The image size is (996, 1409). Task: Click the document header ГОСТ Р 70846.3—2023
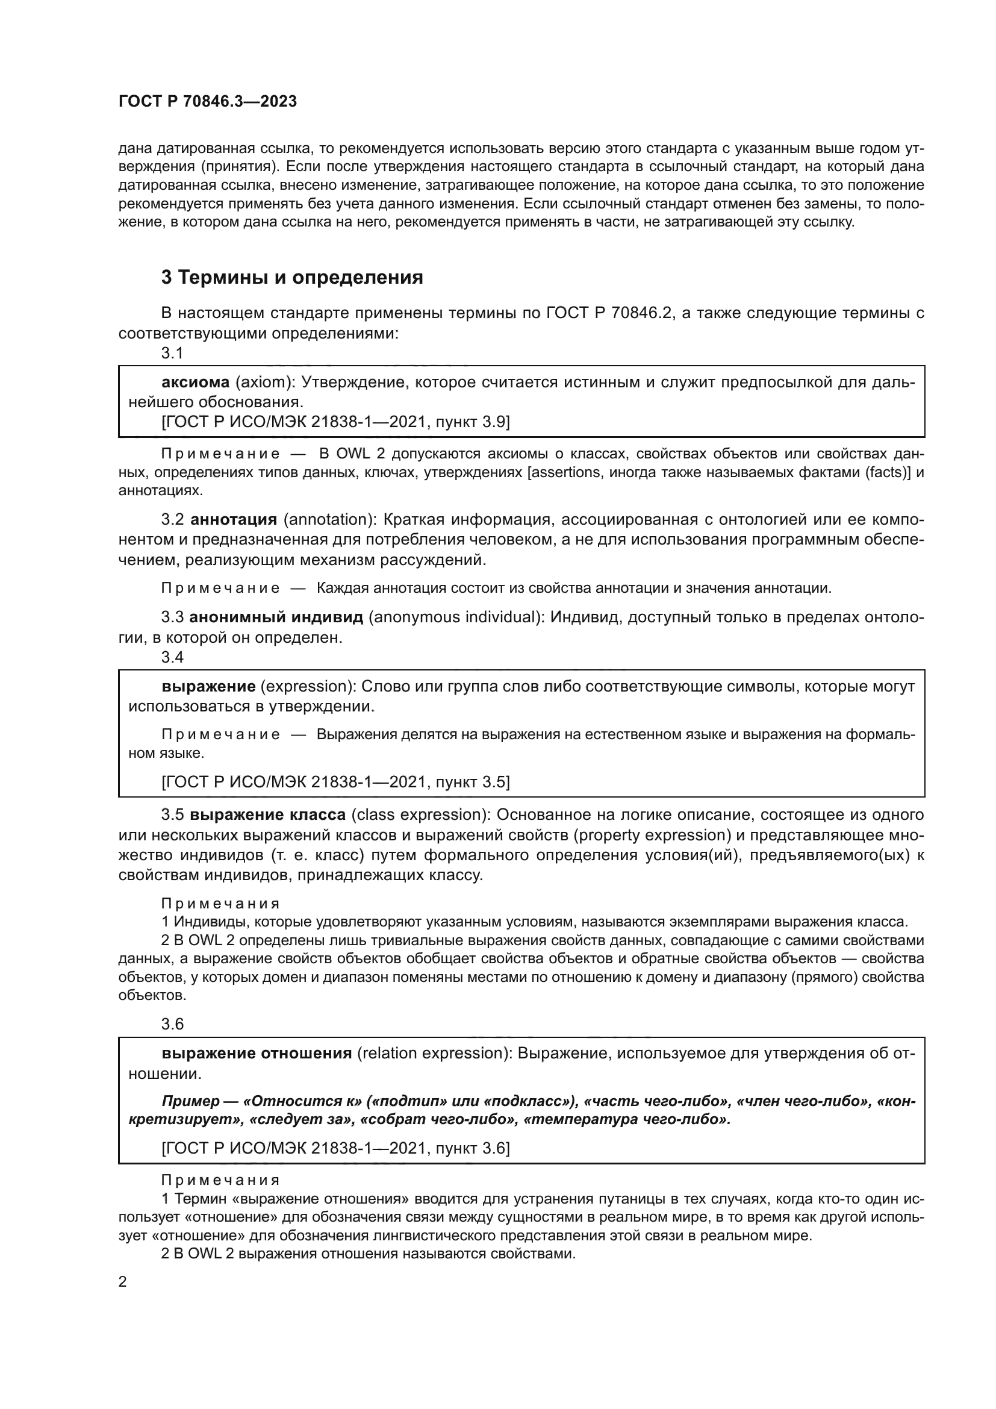pyautogui.click(x=207, y=101)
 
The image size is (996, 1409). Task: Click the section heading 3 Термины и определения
pyautogui.click(x=292, y=277)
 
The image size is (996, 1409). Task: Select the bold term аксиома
pyautogui.click(x=195, y=383)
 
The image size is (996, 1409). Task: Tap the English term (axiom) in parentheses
pyautogui.click(x=264, y=383)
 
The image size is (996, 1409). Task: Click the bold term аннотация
pyautogui.click(x=234, y=519)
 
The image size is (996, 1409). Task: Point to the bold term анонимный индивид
pyautogui.click(x=276, y=617)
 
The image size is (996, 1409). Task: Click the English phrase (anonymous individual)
pyautogui.click(x=455, y=617)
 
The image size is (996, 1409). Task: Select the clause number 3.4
pyautogui.click(x=172, y=657)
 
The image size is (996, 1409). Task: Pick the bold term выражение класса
pyautogui.click(x=267, y=815)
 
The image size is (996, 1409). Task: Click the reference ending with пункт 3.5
pyautogui.click(x=335, y=782)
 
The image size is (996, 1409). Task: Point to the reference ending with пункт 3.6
pyautogui.click(x=335, y=1148)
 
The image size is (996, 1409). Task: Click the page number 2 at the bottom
pyautogui.click(x=123, y=1282)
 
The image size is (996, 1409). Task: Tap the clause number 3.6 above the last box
pyautogui.click(x=172, y=1024)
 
